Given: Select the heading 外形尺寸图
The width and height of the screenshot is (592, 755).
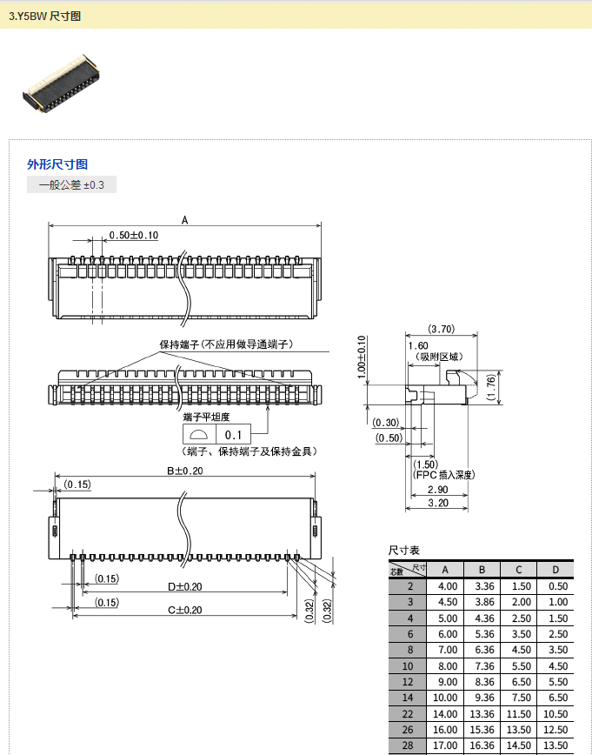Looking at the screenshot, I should pos(57,164).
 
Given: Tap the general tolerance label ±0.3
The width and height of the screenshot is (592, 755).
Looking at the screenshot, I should pos(72,185).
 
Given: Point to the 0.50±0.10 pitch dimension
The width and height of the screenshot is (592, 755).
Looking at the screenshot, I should pos(134,236).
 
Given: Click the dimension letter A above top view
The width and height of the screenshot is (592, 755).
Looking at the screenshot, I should pos(185,221).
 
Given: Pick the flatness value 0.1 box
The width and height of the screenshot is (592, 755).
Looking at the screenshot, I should pos(233,435).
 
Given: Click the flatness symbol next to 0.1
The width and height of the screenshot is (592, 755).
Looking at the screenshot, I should pos(199,435).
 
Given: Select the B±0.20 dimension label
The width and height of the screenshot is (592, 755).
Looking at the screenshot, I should pos(185,471).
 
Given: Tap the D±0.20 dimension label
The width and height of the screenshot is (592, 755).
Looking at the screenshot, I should pos(185,587).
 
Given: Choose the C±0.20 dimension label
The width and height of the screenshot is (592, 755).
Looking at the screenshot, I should pos(185,610).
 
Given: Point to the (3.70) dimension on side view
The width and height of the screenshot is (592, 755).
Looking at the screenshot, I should pos(442,329).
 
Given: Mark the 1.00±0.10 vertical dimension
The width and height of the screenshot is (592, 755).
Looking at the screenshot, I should pos(363,357).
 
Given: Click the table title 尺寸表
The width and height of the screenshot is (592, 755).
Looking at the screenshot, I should pos(403,551).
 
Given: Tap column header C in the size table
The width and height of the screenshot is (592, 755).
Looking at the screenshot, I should pos(518,570).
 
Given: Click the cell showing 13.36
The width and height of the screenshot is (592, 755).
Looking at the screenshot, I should pos(482,713).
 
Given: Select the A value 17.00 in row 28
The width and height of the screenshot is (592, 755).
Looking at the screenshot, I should pos(445,745).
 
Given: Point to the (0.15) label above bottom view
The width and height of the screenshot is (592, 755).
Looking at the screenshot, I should pos(78,484).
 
